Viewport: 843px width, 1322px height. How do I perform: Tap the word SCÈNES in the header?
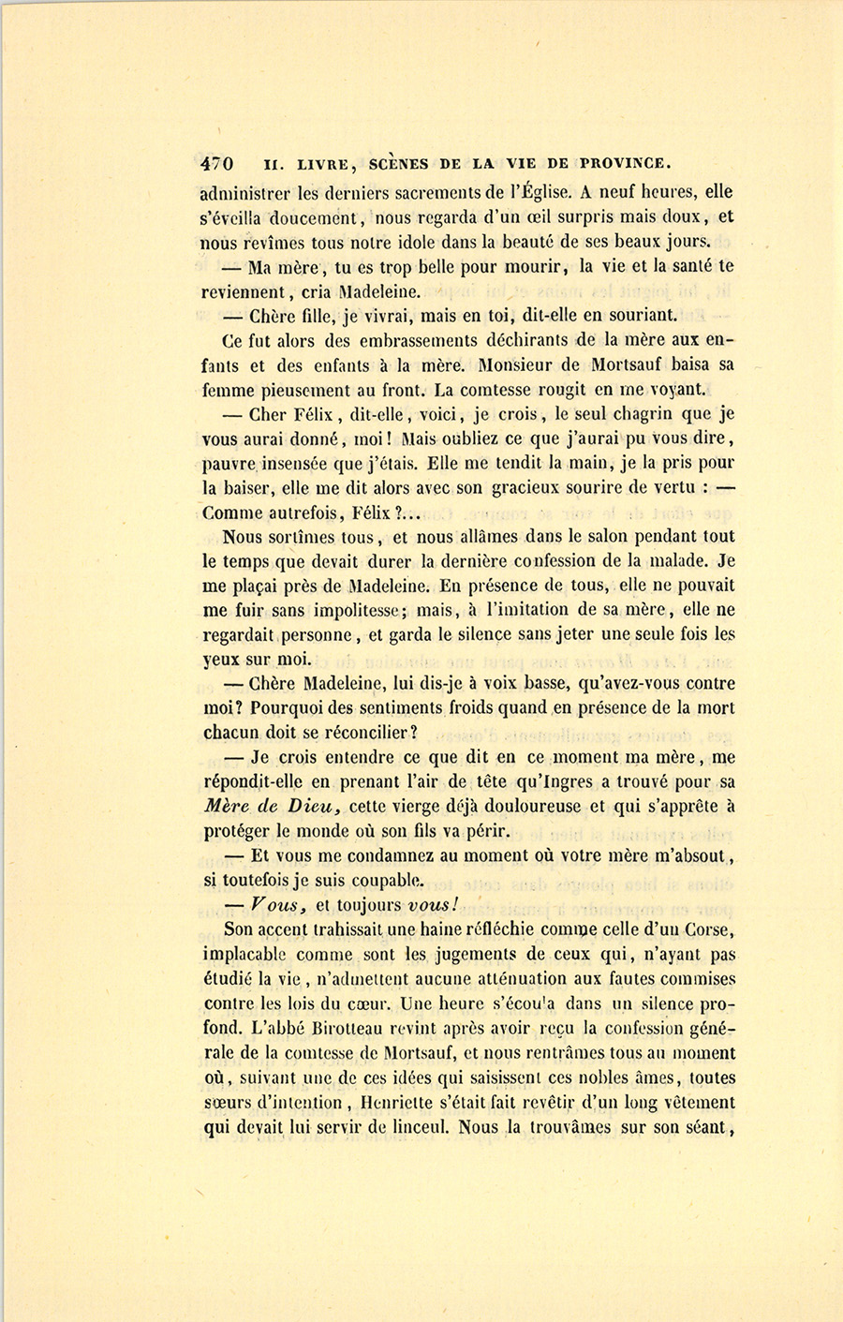pos(400,163)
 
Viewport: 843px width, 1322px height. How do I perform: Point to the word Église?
pos(540,193)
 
